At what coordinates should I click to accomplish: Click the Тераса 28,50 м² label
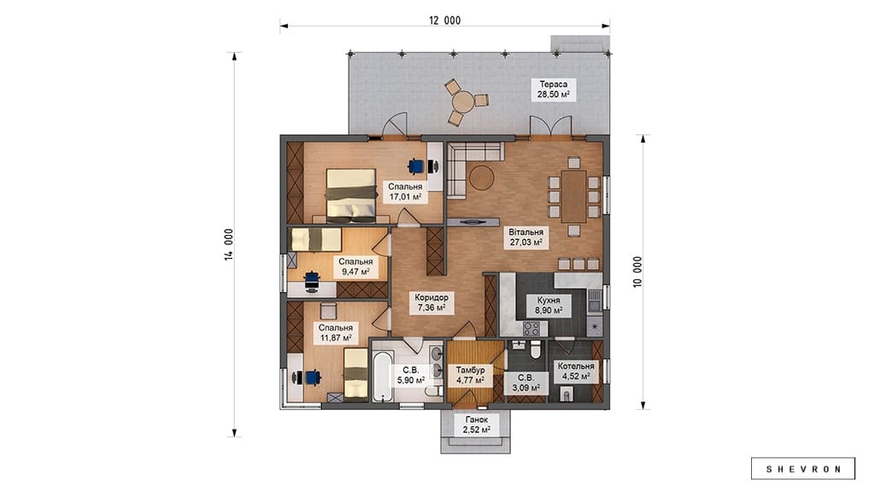tap(553, 89)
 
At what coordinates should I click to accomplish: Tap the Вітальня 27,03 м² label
tap(526, 237)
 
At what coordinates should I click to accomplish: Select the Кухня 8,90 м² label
tap(549, 305)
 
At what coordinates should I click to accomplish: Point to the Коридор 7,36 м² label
tap(432, 302)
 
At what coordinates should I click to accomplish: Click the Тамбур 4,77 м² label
tap(471, 376)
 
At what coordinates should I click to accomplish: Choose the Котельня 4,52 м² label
tap(576, 371)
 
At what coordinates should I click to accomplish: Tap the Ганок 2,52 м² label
tap(476, 425)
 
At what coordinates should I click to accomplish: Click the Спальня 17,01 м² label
tap(405, 192)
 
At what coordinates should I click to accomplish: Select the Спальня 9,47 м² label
tap(355, 266)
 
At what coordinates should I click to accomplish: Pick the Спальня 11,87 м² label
tap(335, 333)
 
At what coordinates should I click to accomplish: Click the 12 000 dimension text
tap(444, 20)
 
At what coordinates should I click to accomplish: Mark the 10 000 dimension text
tap(637, 272)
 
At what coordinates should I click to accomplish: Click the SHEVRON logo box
tap(802, 469)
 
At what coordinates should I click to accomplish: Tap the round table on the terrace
tap(462, 102)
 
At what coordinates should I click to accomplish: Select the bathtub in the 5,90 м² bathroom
tap(382, 376)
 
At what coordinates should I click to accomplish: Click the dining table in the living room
tap(573, 196)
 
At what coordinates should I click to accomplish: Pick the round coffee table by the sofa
tap(480, 177)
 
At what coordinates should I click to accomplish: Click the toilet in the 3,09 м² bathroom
tap(536, 349)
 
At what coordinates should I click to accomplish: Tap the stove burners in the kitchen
tap(531, 328)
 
